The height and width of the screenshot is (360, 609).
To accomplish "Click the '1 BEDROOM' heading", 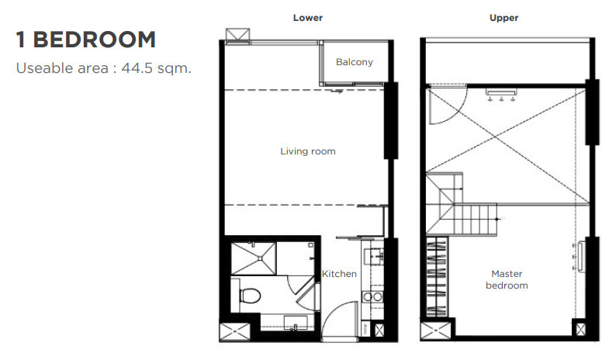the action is [86, 40].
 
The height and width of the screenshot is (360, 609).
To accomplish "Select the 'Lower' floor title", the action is [308, 18].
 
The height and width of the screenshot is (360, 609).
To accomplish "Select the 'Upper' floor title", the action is [503, 18].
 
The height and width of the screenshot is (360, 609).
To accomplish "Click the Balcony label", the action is [355, 62].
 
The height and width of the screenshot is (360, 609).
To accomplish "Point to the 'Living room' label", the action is [308, 151].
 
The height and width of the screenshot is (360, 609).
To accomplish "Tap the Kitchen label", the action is [339, 274].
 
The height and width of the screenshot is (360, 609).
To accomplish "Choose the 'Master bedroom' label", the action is [507, 279].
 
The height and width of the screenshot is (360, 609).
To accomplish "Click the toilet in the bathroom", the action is [249, 295].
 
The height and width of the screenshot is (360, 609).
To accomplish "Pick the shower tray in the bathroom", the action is [254, 258].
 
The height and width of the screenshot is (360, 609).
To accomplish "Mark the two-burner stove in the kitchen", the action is [373, 297].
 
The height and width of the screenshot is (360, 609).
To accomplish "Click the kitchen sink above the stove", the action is [374, 257].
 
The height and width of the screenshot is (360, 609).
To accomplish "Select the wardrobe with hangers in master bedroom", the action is [437, 276].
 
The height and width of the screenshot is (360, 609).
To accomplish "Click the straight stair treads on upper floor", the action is [476, 220].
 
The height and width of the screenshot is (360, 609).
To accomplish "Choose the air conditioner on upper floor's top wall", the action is [501, 92].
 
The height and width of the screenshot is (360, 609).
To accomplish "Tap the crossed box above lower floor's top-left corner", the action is [237, 34].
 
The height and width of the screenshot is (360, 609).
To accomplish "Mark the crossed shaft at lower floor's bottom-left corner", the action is [234, 332].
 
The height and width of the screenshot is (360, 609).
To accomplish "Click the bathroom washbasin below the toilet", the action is [296, 323].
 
